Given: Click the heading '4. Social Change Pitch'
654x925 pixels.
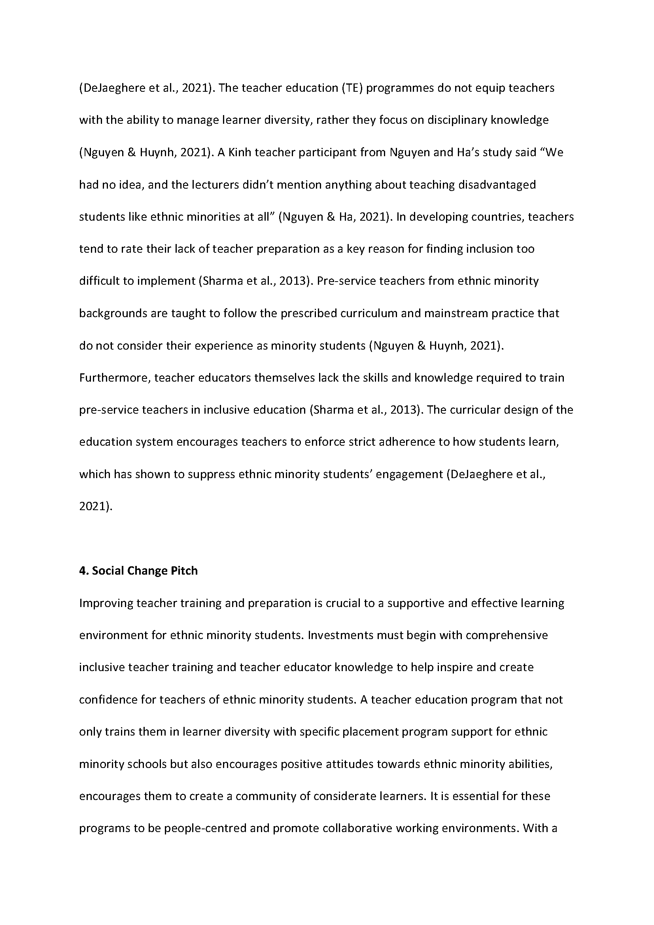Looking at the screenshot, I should (x=138, y=571).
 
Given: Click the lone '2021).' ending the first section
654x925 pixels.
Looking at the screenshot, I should (x=96, y=507).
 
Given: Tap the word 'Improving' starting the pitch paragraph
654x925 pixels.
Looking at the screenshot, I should (x=106, y=603).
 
